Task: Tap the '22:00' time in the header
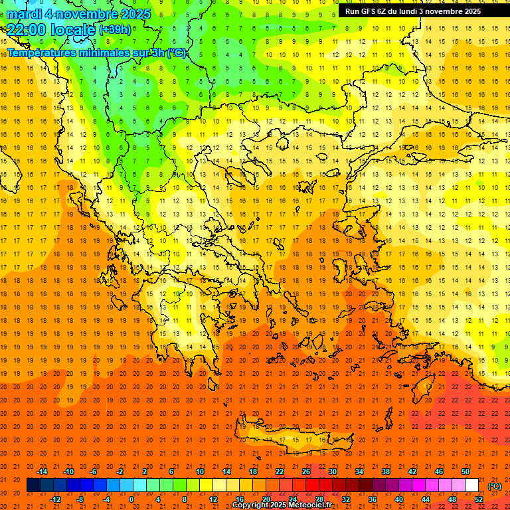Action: click(x=25, y=29)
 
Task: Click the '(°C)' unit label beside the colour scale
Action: click(x=494, y=485)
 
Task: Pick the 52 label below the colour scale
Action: click(x=479, y=499)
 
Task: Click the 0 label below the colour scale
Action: click(x=131, y=499)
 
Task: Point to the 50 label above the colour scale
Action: click(x=466, y=471)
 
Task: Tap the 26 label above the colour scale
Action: click(x=306, y=471)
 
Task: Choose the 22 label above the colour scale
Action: click(x=280, y=471)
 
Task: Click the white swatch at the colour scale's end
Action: click(x=472, y=485)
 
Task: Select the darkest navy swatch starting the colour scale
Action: click(x=33, y=485)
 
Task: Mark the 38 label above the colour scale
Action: click(x=386, y=471)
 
